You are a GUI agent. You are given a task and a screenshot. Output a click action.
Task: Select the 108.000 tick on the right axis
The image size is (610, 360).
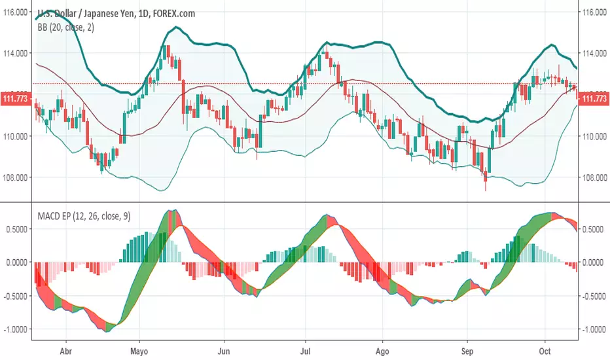[594, 177]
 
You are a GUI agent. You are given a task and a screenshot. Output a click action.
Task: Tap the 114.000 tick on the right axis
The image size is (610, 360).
[594, 54]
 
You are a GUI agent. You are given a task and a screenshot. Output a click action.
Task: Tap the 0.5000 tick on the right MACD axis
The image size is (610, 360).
[595, 229]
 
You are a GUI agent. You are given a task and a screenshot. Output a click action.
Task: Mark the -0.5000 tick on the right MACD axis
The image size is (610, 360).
[595, 296]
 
